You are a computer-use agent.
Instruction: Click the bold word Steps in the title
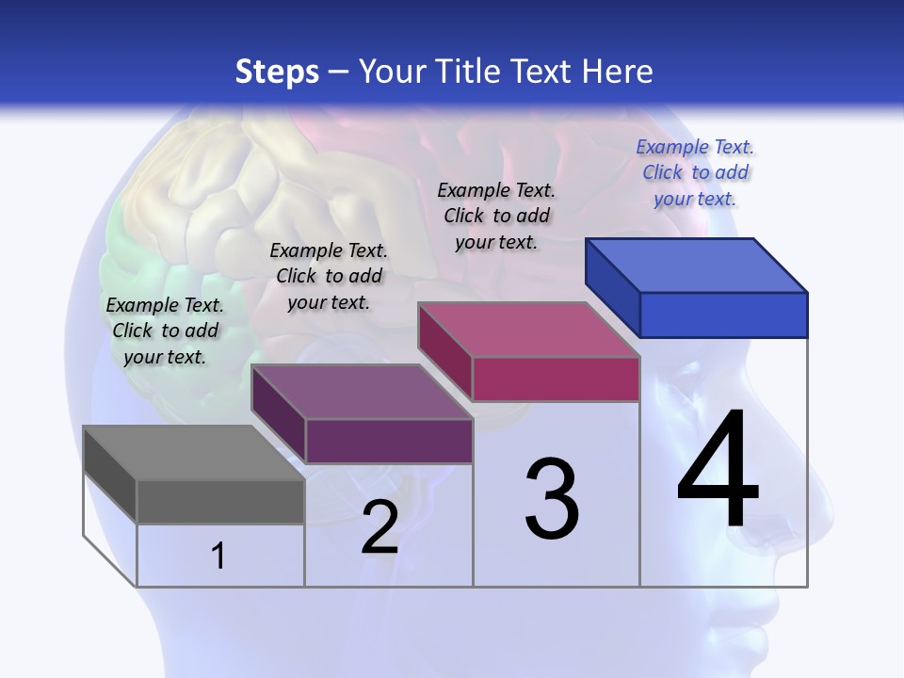[x=277, y=72]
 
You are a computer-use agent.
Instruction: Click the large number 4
[x=718, y=471]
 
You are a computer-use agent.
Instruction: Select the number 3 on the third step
[x=552, y=499]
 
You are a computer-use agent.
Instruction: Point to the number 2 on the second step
[x=379, y=528]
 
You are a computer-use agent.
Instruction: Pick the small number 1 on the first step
[x=218, y=557]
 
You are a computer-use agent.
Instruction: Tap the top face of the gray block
[x=193, y=453]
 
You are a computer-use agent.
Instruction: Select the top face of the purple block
[x=362, y=392]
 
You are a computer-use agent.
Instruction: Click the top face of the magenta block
[x=529, y=330]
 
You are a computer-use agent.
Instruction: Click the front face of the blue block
[x=723, y=315]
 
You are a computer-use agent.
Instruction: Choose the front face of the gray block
[x=220, y=501]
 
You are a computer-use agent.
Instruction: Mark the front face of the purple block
[x=389, y=441]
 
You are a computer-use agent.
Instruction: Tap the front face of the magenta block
[x=556, y=379]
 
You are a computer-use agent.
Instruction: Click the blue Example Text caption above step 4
[x=695, y=172]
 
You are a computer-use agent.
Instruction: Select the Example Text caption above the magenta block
[x=496, y=216]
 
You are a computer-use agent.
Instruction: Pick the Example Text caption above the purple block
[x=329, y=276]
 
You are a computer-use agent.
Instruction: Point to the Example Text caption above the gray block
[x=165, y=331]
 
